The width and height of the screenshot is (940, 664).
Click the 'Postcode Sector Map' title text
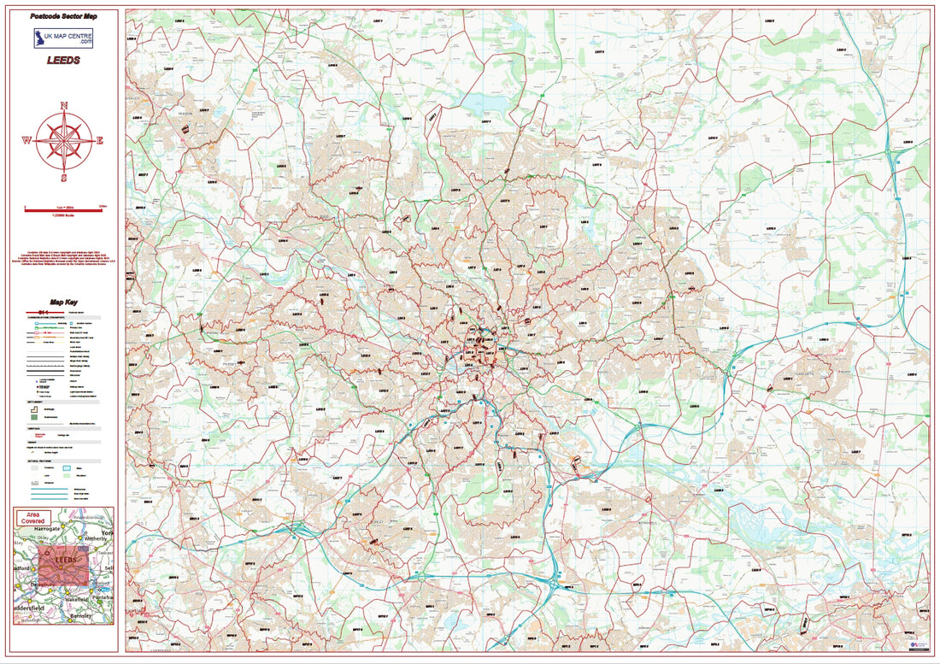click(x=64, y=16)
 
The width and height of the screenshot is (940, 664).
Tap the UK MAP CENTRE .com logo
click(x=63, y=38)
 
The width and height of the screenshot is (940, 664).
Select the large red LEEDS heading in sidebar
click(x=64, y=61)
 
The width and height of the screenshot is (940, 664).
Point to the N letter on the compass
click(x=64, y=106)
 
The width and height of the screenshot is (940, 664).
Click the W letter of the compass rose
click(x=26, y=141)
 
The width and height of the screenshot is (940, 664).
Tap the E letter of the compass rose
click(x=100, y=141)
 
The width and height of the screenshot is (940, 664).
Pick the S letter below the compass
click(x=64, y=178)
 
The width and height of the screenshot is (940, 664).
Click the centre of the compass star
click(x=64, y=141)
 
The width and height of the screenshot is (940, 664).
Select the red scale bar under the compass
click(x=63, y=209)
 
